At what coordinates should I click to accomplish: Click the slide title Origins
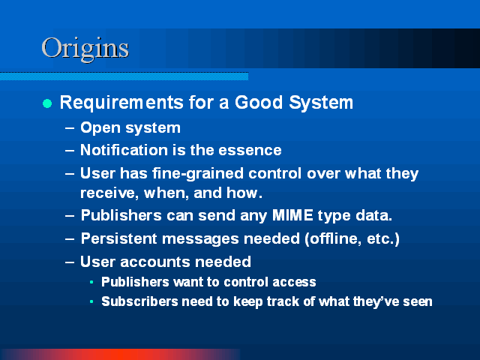click(85, 49)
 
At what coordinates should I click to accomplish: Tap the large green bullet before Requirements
click(47, 103)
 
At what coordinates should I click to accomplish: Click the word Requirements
click(121, 103)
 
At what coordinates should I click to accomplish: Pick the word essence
click(250, 150)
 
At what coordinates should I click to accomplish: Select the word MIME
click(292, 215)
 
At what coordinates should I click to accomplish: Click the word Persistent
click(118, 238)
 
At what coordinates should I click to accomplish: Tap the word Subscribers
click(139, 301)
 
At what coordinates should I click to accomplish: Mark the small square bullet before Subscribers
click(91, 301)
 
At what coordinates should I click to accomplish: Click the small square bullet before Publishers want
click(91, 282)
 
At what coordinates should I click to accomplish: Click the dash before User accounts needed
click(70, 262)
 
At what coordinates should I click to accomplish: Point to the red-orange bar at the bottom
click(121, 354)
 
